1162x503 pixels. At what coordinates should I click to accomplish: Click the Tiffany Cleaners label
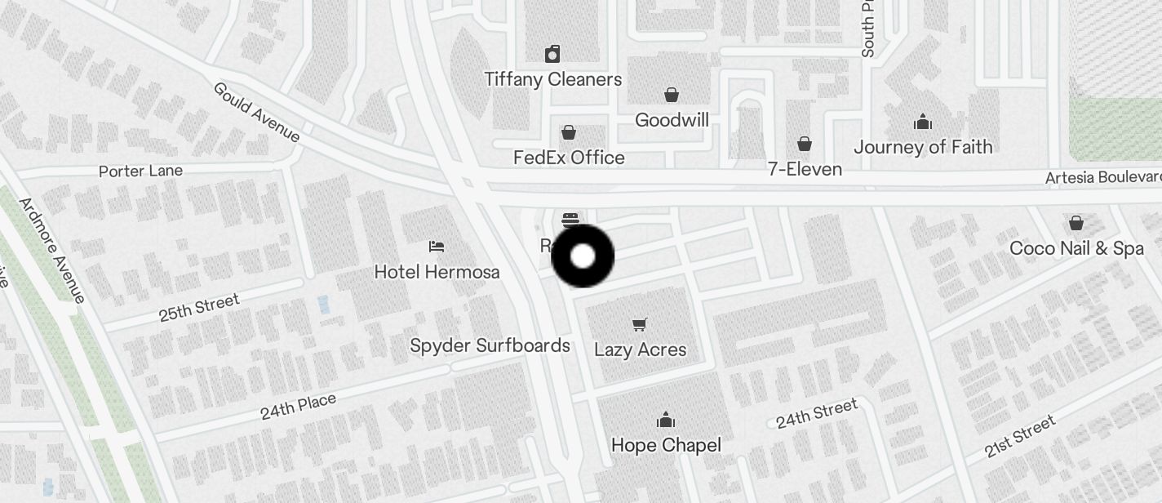552,79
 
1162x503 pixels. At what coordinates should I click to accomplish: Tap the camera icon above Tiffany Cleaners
552,54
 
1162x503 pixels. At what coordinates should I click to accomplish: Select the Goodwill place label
672,120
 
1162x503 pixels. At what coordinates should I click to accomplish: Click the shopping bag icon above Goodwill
672,95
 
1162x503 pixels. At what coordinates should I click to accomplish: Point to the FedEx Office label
569,158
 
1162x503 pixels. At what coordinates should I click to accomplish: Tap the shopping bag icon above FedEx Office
569,132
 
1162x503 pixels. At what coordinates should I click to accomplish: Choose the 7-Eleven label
805,169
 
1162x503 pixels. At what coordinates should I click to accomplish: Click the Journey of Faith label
923,147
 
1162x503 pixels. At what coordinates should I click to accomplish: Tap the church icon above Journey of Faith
923,122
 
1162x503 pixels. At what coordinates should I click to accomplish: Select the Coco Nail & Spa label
1076,248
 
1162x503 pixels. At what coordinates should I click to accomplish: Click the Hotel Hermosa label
437,272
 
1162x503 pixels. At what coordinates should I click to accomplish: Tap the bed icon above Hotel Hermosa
437,246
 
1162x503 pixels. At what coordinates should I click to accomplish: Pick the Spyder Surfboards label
490,345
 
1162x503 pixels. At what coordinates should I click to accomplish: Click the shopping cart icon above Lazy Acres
640,324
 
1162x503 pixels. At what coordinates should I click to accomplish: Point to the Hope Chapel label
666,445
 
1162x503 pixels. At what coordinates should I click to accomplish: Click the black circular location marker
583,256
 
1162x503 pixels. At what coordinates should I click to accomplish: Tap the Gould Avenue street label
256,111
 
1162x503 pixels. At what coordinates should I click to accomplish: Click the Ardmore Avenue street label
52,250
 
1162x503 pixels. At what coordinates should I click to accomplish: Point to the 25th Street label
199,308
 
